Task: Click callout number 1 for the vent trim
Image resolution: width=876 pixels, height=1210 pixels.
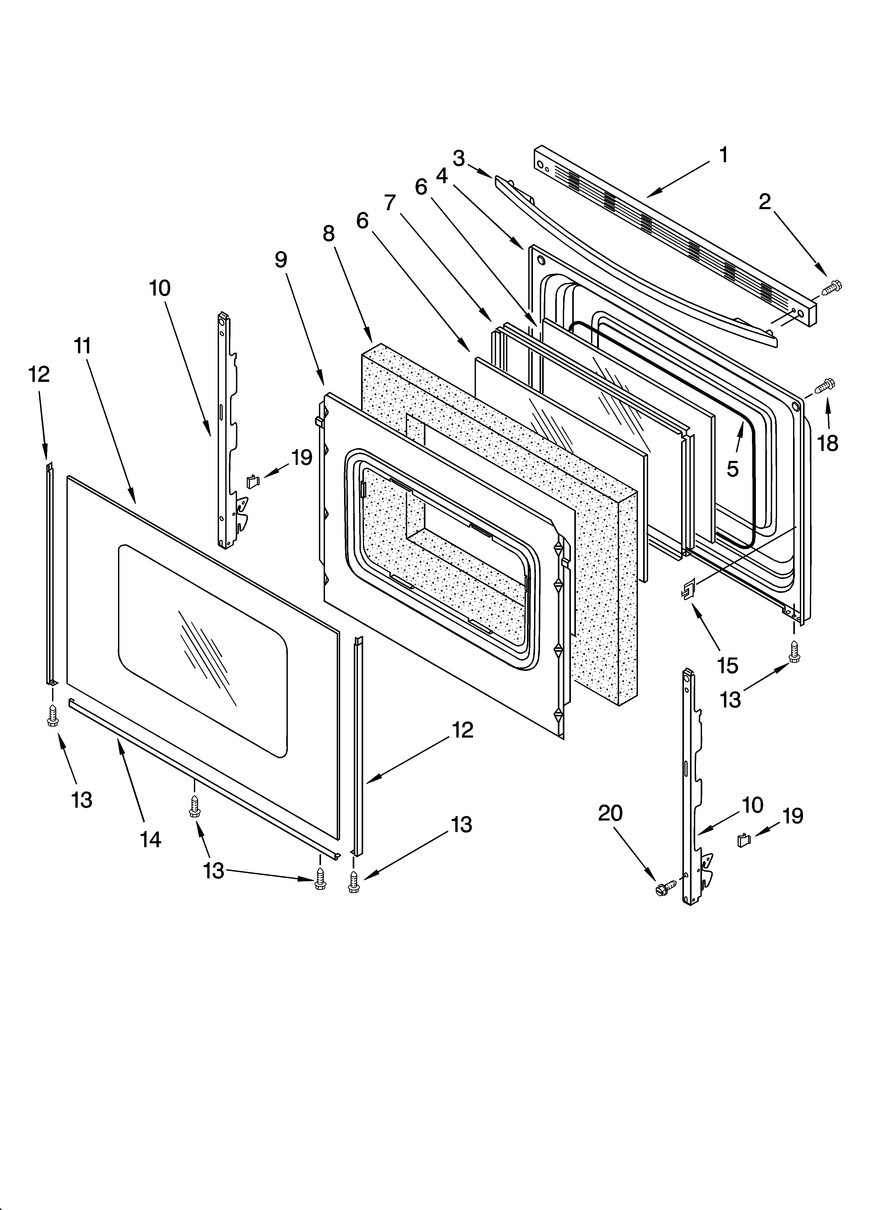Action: [723, 155]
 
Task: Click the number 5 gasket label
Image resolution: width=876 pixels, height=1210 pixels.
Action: [733, 469]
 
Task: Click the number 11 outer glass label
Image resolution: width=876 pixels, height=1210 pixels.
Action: [83, 346]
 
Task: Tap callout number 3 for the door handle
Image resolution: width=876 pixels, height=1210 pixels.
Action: [459, 158]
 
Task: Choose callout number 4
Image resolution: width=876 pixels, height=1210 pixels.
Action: [442, 176]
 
